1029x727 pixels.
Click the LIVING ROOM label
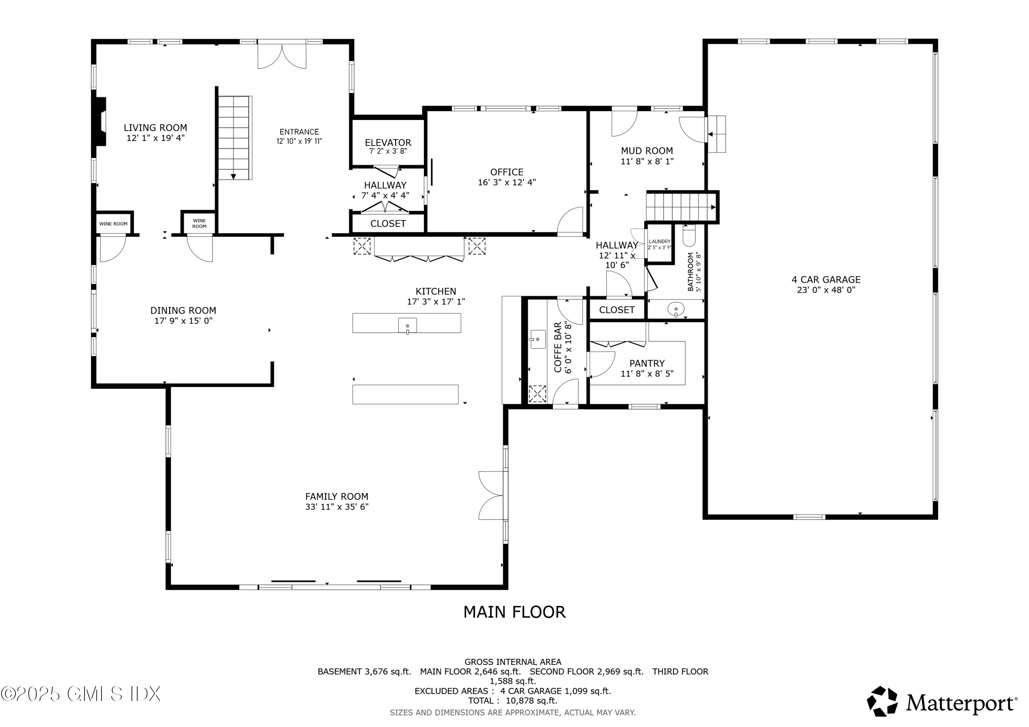[155, 128]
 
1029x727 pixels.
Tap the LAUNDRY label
[659, 241]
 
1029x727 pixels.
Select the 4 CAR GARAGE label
[826, 279]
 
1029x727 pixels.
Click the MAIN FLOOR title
[514, 612]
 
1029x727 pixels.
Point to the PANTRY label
[647, 363]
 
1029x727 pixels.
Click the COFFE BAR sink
[537, 339]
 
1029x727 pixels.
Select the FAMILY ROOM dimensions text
[336, 507]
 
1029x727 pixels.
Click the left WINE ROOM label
[114, 224]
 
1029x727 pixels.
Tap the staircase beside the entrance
[234, 137]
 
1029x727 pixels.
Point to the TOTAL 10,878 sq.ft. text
[512, 701]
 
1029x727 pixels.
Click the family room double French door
[491, 495]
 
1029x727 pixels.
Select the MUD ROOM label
[646, 151]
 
